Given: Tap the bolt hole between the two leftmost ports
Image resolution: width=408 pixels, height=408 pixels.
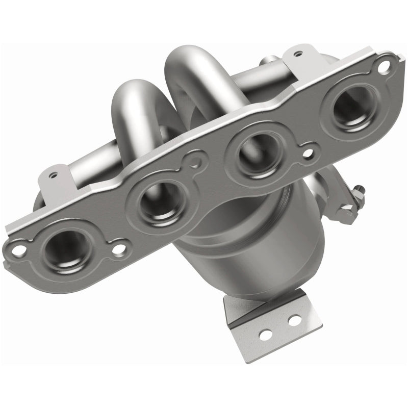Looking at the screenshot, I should click(x=119, y=249).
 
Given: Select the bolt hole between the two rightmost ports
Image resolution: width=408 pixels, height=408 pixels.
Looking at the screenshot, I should click(x=307, y=151).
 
